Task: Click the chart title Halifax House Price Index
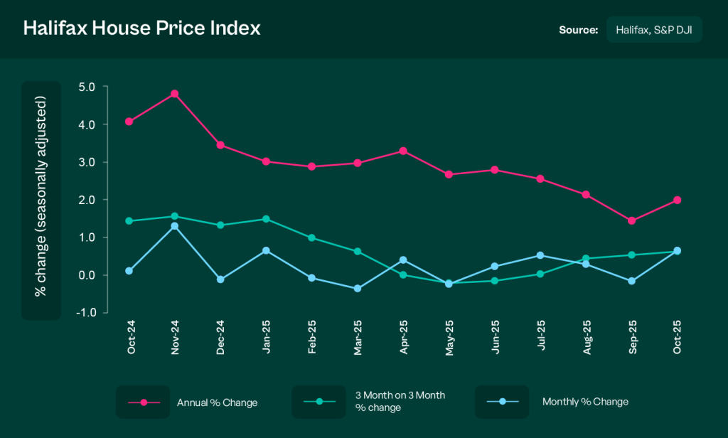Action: tap(142, 28)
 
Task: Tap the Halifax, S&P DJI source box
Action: tap(654, 30)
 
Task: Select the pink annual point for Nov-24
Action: tap(174, 94)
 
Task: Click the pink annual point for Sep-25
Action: tap(631, 220)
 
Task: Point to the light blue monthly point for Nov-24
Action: tap(174, 226)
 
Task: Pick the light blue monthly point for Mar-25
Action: tap(358, 289)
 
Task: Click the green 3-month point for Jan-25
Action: tap(266, 219)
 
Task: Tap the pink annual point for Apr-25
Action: tap(403, 151)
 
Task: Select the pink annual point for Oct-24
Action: tap(129, 122)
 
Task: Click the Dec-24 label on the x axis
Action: tap(220, 340)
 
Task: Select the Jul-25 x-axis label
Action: tap(540, 340)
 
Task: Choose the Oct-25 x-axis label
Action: tap(678, 340)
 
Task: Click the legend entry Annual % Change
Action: tap(217, 402)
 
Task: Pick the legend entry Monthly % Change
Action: tap(585, 402)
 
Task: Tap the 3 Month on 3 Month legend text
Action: tap(399, 401)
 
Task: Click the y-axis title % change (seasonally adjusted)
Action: tap(41, 199)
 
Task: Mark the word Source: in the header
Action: tap(579, 30)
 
